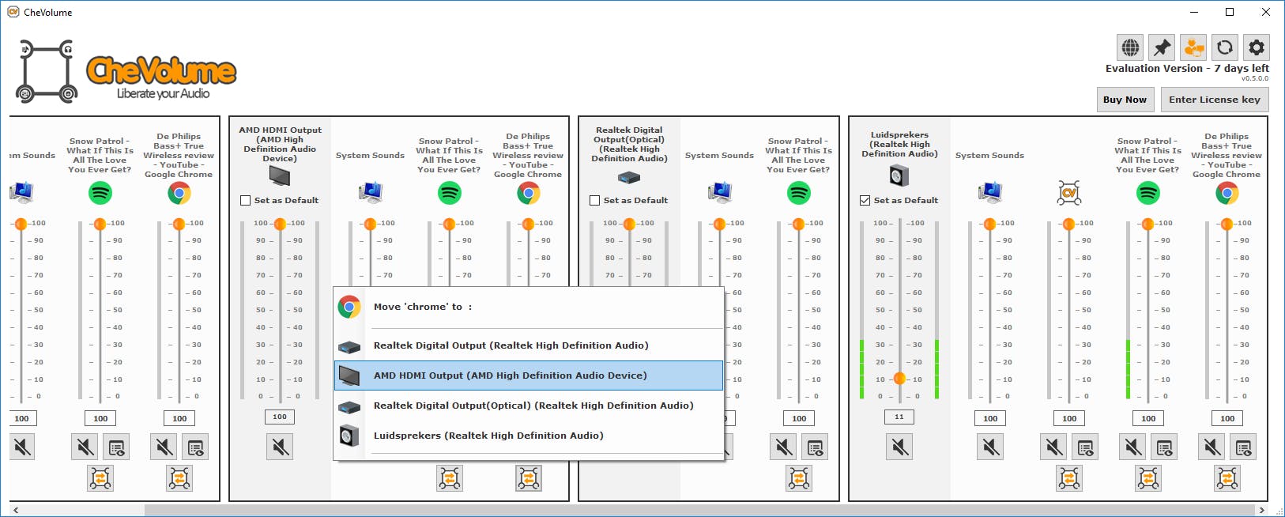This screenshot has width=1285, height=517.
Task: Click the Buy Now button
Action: tap(1125, 100)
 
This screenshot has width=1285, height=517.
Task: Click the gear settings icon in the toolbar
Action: tap(1256, 47)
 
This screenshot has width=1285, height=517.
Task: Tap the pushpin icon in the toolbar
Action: tap(1162, 47)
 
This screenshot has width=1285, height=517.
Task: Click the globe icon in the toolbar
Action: tap(1131, 47)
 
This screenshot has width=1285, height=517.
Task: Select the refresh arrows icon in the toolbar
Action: tap(1225, 47)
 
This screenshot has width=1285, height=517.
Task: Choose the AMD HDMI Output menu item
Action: tap(510, 375)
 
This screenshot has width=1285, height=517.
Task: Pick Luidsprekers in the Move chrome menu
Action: tap(488, 436)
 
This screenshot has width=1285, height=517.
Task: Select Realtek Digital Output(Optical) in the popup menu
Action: tap(533, 406)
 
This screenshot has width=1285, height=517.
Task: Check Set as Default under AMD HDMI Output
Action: tap(246, 201)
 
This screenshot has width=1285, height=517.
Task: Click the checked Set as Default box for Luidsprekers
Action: tap(865, 201)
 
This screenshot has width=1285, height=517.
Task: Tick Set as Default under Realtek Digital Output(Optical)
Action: tap(595, 201)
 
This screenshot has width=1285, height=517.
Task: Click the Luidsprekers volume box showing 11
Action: tap(899, 417)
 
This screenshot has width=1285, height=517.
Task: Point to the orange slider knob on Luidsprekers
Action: tap(899, 379)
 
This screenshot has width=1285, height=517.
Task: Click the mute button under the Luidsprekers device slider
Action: tap(899, 447)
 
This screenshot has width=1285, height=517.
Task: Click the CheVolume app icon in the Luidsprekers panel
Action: tap(1069, 192)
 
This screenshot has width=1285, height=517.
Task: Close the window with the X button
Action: tap(1266, 12)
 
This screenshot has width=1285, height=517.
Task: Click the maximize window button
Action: tap(1230, 12)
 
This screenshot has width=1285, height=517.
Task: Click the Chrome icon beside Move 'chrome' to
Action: tap(349, 307)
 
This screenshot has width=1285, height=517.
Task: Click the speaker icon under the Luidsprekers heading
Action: tap(899, 175)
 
